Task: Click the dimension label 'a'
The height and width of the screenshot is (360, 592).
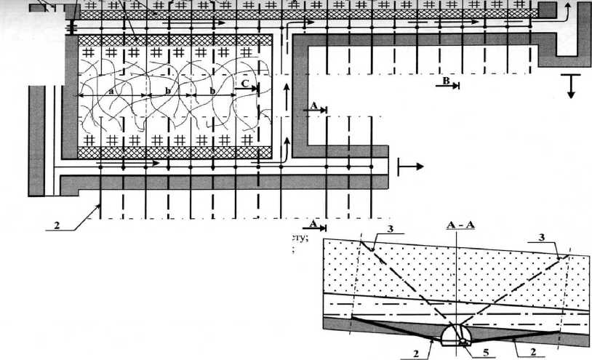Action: pyautogui.click(x=111, y=92)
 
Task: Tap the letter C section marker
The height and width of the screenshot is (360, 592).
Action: pyautogui.click(x=247, y=85)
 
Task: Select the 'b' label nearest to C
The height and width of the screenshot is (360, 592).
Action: pyautogui.click(x=212, y=92)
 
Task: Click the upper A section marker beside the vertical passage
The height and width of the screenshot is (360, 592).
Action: pyautogui.click(x=313, y=106)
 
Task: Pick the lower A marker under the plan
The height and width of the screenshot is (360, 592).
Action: pyautogui.click(x=313, y=223)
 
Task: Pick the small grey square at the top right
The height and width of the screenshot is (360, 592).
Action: pyautogui.click(x=548, y=9)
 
